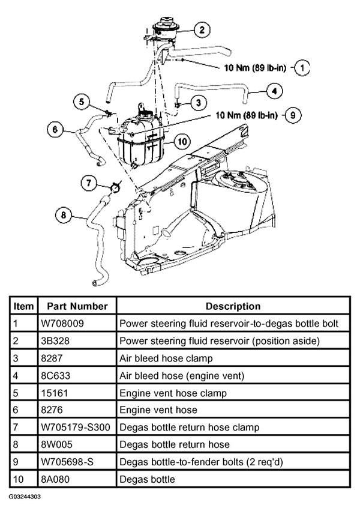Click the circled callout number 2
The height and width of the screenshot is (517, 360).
pyautogui.click(x=202, y=29)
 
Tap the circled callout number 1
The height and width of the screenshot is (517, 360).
pyautogui.click(x=302, y=68)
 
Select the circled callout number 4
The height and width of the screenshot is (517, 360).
pyautogui.click(x=274, y=91)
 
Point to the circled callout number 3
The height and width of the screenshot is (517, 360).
pyautogui.click(x=198, y=103)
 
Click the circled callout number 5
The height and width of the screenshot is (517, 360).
pyautogui.click(x=82, y=101)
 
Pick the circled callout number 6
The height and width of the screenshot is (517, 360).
pyautogui.click(x=55, y=129)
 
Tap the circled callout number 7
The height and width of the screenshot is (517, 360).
pyautogui.click(x=89, y=183)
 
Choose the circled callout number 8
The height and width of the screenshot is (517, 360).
pyautogui.click(x=63, y=216)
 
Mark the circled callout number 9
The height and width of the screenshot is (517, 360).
pyautogui.click(x=292, y=115)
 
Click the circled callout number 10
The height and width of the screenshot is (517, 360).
pyautogui.click(x=182, y=142)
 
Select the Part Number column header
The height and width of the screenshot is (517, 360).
pyautogui.click(x=77, y=306)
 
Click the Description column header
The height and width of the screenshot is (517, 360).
pyautogui.click(x=233, y=306)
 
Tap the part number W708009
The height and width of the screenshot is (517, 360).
pyautogui.click(x=62, y=324)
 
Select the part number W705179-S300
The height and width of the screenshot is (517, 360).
pyautogui.click(x=76, y=428)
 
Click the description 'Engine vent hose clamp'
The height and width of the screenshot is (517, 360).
pyautogui.click(x=173, y=393)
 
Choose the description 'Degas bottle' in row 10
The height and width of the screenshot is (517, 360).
pyautogui.click(x=147, y=479)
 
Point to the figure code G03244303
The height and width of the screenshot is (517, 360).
pyautogui.click(x=25, y=496)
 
